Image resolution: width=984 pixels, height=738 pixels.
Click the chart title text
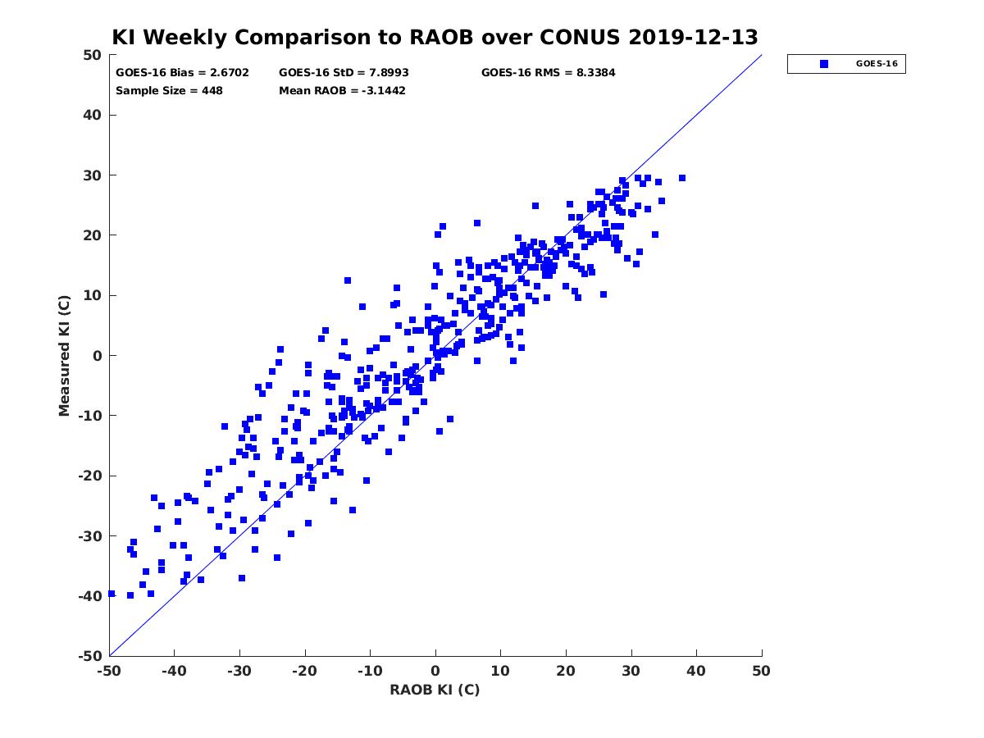pos(435,37)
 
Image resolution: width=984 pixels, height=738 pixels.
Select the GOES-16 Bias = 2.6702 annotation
pos(182,73)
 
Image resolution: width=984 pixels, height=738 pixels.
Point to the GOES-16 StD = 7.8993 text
pos(344,73)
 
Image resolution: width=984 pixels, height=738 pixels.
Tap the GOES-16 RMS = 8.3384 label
pos(548,73)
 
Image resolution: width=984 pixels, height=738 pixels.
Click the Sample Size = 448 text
pos(169,90)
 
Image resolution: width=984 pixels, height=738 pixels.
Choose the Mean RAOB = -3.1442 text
pos(342,90)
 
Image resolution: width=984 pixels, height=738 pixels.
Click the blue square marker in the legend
pos(823,64)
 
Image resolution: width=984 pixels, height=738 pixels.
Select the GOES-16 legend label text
pos(877,64)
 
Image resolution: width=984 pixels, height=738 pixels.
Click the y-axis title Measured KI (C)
pos(64,356)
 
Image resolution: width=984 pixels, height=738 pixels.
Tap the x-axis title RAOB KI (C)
pos(435,689)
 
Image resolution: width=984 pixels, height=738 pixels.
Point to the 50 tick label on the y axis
pos(93,55)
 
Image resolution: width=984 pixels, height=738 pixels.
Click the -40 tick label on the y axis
pos(90,596)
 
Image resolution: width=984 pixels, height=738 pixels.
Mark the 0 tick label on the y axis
pos(98,356)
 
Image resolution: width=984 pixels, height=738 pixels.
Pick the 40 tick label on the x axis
pos(696,671)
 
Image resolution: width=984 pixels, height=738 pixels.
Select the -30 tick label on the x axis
pos(239,671)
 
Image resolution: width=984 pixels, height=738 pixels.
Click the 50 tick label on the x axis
pos(761,671)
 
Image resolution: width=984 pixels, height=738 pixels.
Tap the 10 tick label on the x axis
pos(500,671)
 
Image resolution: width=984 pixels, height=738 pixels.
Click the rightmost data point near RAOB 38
pos(682,178)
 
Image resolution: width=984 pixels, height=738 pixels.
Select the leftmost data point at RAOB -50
pos(112,594)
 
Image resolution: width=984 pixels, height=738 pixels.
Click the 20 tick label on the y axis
pos(93,235)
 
